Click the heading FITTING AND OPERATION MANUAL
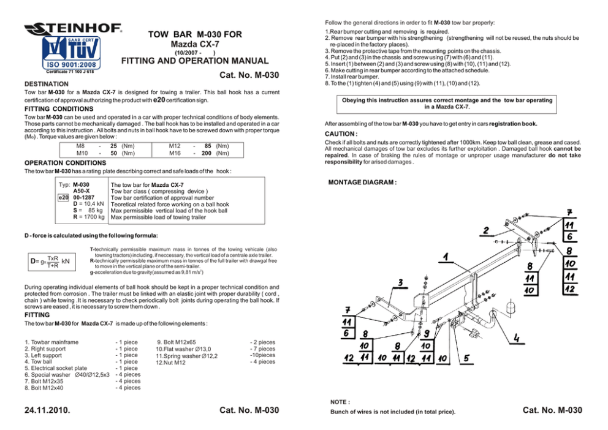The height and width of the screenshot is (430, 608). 194,61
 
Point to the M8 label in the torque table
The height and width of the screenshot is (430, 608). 80,146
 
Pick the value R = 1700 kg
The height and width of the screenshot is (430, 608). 88,217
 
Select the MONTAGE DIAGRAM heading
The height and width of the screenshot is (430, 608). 362,183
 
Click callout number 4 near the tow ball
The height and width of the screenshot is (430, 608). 518,337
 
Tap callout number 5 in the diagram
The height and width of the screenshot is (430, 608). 468,358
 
